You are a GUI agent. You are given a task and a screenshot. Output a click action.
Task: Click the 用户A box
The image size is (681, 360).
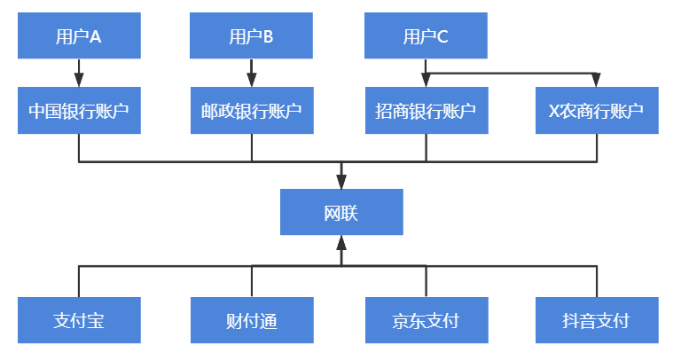(79, 36)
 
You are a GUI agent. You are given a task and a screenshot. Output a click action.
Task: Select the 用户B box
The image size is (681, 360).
(252, 36)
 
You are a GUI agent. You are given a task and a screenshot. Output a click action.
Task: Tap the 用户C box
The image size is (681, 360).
(426, 36)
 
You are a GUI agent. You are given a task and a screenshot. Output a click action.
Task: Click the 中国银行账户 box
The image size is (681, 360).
(79, 111)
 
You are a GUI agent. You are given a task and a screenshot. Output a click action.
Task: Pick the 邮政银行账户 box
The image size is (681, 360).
(252, 111)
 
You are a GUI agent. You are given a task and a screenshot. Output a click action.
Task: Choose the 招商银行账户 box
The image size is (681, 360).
(426, 111)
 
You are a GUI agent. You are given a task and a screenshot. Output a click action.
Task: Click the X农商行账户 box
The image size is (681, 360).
(597, 111)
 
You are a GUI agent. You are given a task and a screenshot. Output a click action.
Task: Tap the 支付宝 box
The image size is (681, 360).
(79, 320)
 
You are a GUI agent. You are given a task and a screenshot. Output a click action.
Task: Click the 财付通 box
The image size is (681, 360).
(252, 320)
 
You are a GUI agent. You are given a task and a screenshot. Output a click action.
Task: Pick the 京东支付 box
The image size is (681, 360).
(426, 320)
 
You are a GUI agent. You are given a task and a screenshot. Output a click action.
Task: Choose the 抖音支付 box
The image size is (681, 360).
(597, 320)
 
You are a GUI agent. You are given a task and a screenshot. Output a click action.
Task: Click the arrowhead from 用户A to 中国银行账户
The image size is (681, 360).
(79, 80)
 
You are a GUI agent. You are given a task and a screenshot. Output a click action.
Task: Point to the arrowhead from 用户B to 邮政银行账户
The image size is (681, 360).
(252, 80)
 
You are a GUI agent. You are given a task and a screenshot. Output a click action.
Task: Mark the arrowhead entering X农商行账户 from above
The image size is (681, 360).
(597, 80)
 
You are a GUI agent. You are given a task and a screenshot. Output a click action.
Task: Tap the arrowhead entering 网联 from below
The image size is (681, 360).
(341, 243)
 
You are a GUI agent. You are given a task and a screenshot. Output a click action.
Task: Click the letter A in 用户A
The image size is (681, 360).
(96, 36)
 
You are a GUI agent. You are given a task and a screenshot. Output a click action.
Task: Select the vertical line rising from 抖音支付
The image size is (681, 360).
(597, 282)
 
